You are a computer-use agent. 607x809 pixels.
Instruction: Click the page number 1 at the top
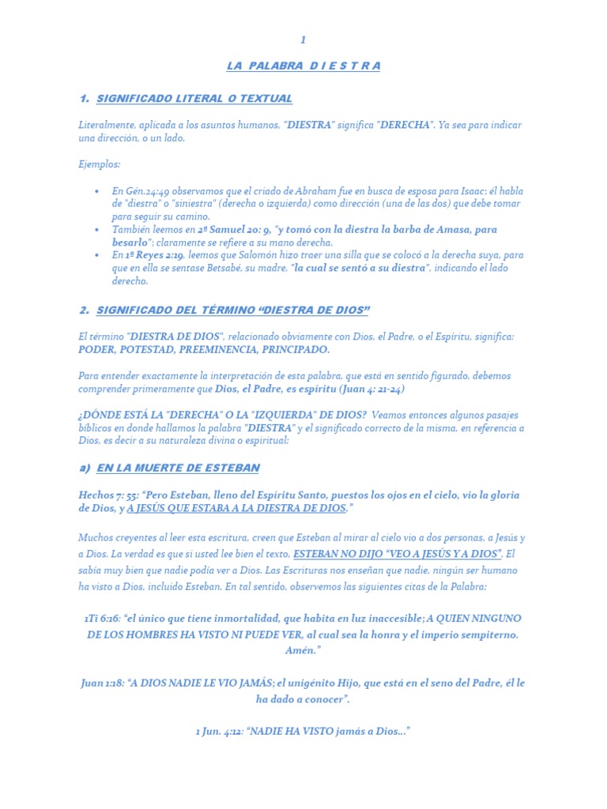pos(303,40)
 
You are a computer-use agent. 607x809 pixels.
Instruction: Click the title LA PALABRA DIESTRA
pos(303,66)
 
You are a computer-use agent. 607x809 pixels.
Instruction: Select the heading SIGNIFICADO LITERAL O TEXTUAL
pos(194,99)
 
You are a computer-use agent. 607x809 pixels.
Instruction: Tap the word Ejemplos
pos(100,164)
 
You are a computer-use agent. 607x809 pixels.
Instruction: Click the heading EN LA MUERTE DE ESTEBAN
pos(178,468)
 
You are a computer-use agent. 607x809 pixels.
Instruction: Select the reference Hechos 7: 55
pos(109,495)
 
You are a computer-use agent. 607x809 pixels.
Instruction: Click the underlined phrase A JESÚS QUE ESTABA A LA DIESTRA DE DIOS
pos(236,509)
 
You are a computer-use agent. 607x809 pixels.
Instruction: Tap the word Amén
pos(303,651)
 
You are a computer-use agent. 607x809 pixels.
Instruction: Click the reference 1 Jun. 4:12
pos(219,732)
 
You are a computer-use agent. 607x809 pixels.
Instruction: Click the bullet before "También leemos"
pos(96,230)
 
